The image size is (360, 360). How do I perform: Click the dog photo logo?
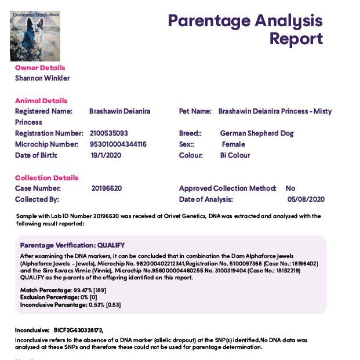pos(35,37)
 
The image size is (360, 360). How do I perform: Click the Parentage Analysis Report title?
pos(245,30)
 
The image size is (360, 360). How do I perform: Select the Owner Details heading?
pos(40,68)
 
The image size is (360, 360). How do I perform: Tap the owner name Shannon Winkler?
pos(42,78)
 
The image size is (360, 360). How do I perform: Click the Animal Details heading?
pos(41,100)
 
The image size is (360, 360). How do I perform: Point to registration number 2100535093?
pos(109,133)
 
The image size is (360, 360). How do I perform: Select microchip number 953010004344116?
pos(118,144)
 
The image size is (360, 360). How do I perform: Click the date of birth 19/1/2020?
pos(106,155)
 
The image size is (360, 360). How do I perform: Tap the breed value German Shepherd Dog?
pos(257,133)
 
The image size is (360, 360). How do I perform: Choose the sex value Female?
pos(233,144)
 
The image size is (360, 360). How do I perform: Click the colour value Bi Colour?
pos(235,155)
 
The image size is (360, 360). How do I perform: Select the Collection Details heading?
pos(46,178)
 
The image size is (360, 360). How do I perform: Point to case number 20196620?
pos(107,188)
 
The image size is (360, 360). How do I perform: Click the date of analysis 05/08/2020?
pos(306,199)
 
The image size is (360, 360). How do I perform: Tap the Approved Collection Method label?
pos(228,188)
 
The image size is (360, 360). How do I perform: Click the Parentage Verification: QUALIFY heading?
pos(72,245)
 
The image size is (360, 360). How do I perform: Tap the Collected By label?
pos(37,199)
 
